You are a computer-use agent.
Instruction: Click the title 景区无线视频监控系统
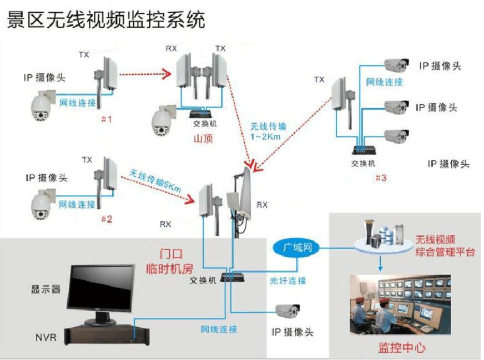point(105,20)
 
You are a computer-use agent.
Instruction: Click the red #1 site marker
point(106,119)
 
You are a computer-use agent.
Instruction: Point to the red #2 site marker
point(106,219)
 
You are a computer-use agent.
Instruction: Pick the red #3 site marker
point(381,178)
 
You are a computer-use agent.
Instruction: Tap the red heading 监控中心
point(402,348)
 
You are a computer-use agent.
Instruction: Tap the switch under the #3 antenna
point(365,149)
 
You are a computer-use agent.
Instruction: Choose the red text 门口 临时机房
point(176,260)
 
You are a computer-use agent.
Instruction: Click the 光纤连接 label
point(288,281)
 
